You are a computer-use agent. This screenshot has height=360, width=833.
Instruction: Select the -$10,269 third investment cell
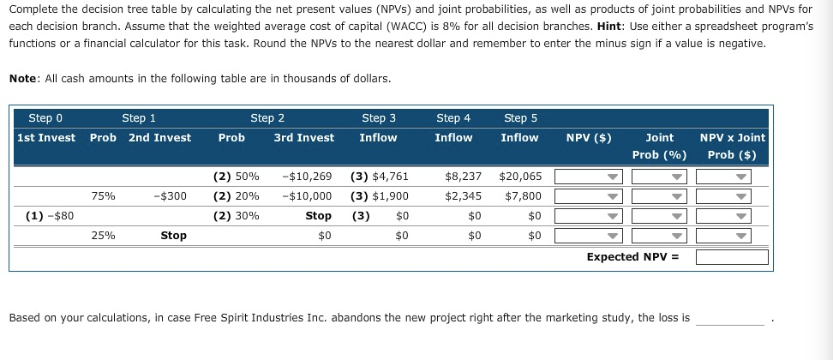click(307, 177)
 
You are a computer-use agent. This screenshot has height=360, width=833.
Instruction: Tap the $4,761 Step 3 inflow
click(380, 177)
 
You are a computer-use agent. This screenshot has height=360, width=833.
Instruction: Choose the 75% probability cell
click(104, 196)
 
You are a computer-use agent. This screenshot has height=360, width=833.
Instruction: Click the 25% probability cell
click(104, 236)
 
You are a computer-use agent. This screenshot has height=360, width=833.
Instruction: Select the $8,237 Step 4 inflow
click(463, 177)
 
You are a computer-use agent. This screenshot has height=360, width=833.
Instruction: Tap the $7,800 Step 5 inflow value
click(523, 196)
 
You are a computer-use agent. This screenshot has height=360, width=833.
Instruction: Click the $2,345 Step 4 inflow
click(463, 196)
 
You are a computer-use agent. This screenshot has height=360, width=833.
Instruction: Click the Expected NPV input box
click(731, 256)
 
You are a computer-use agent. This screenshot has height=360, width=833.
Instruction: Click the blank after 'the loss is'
click(729, 318)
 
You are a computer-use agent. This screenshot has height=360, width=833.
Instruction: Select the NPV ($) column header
click(589, 137)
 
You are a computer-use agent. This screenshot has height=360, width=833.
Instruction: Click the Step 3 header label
click(379, 118)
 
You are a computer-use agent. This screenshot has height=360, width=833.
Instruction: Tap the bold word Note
click(23, 78)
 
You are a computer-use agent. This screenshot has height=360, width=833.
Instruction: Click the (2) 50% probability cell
click(236, 177)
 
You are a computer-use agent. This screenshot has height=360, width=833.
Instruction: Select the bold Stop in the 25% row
click(173, 236)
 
